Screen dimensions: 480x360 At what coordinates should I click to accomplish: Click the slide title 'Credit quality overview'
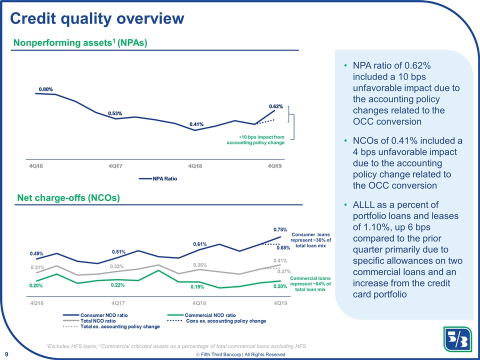click(97, 18)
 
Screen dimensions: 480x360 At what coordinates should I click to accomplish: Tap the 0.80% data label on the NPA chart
click(45, 89)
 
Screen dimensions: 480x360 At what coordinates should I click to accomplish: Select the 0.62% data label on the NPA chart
click(276, 106)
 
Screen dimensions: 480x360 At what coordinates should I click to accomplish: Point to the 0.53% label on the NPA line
click(115, 113)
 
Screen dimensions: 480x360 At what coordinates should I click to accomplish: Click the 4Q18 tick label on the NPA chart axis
click(195, 166)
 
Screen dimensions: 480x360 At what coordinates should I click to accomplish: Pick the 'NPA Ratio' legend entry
click(158, 179)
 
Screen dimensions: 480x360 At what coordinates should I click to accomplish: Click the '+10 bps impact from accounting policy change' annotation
click(255, 140)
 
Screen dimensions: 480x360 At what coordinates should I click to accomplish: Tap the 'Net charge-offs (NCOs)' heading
click(68, 198)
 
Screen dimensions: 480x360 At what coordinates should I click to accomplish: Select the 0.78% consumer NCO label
click(280, 229)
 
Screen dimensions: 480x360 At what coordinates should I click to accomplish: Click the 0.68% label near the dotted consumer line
click(283, 248)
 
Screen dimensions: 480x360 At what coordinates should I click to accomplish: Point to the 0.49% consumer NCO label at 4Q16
click(36, 254)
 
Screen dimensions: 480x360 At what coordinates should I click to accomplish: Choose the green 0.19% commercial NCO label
click(197, 287)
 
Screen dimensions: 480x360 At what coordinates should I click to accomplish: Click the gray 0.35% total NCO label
click(199, 265)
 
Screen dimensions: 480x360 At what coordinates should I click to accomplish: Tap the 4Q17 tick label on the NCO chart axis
click(117, 303)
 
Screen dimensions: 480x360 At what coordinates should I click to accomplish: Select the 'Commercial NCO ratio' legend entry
click(201, 315)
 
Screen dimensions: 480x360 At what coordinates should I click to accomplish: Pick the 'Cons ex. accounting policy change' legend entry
click(217, 321)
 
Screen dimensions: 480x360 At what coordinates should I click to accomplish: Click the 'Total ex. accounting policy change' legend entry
click(111, 326)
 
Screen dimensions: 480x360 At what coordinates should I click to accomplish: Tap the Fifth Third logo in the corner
click(457, 339)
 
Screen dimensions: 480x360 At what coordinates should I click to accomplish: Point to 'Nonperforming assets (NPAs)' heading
click(79, 42)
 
